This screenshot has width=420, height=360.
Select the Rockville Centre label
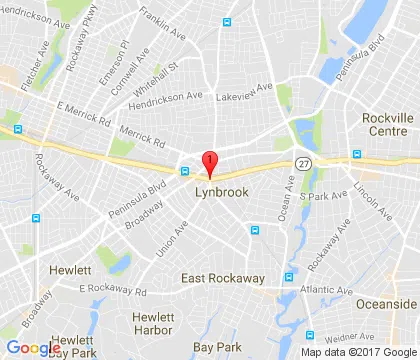coord(386,126)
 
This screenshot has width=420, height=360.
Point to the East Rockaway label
coord(220,277)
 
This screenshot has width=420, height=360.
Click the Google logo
coord(33,348)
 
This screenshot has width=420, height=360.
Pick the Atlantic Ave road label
coord(323,292)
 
